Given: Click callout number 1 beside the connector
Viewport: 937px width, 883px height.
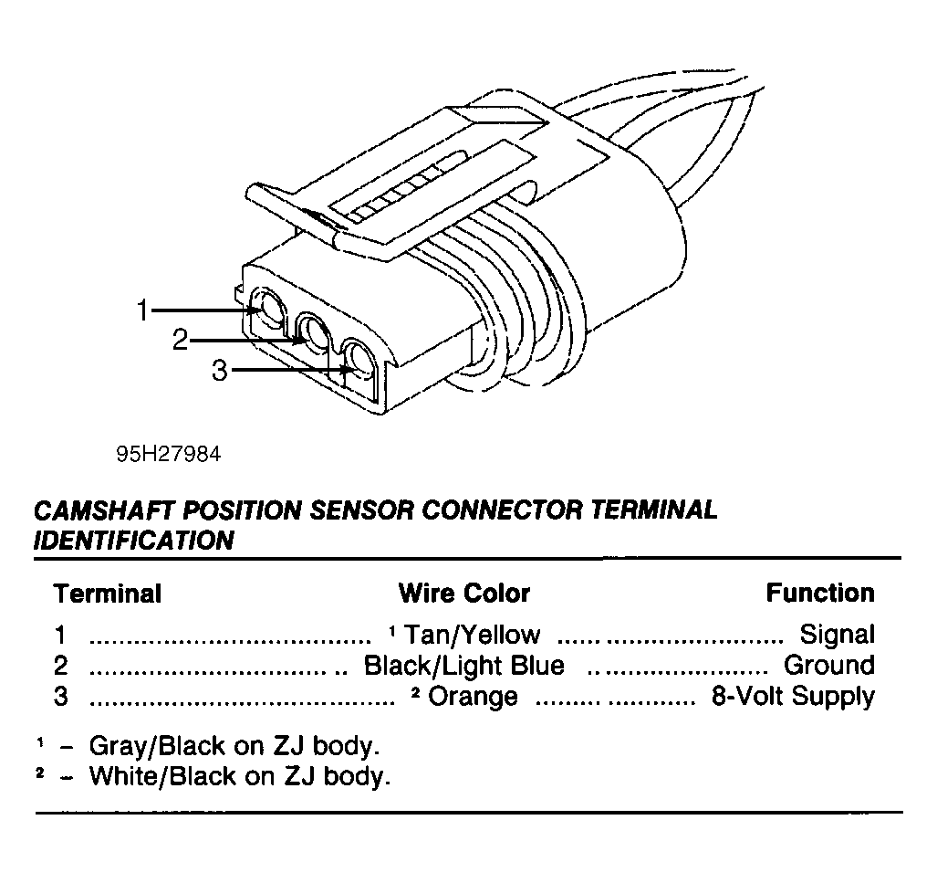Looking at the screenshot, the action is (142, 310).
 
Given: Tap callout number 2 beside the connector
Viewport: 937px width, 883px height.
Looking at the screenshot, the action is (180, 340).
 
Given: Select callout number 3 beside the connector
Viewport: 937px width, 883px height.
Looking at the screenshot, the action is (220, 371).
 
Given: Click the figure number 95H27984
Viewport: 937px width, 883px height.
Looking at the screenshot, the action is (169, 454).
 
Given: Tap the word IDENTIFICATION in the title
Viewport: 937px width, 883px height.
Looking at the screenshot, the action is (133, 541).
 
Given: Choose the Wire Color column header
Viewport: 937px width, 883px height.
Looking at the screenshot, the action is (464, 594).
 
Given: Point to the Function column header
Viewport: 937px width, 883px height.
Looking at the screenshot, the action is (820, 593).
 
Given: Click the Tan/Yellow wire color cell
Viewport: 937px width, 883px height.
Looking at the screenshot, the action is (472, 635).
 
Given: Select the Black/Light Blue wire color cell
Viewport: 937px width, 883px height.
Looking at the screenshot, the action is (464, 666).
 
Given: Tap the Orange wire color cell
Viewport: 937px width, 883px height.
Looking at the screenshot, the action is (473, 697).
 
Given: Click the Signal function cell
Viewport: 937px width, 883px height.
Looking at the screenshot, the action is (838, 635).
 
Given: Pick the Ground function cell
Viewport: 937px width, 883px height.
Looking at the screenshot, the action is (829, 666).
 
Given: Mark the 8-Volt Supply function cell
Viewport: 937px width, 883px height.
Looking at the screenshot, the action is (793, 697).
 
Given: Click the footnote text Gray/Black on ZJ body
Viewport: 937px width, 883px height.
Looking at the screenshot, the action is (234, 747).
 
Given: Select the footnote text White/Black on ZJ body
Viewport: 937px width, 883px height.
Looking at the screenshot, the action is (240, 777).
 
